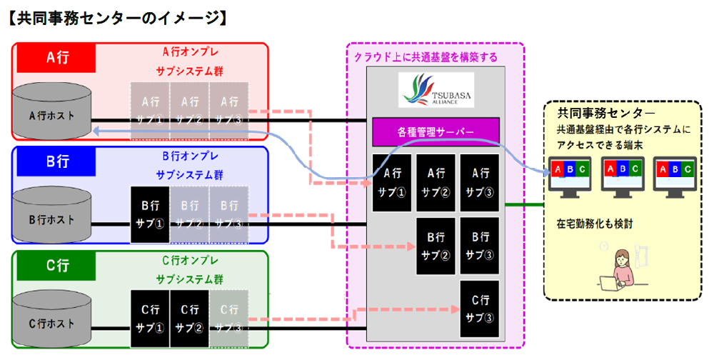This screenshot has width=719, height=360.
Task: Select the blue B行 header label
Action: [57, 161]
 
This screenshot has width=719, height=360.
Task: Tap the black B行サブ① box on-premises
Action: [150, 213]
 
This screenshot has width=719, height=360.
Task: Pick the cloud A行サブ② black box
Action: [436, 181]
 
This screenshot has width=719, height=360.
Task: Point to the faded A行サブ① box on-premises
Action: [150, 109]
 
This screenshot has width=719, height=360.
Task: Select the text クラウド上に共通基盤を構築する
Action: [426, 56]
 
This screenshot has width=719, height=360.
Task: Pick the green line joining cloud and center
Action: [523, 205]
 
